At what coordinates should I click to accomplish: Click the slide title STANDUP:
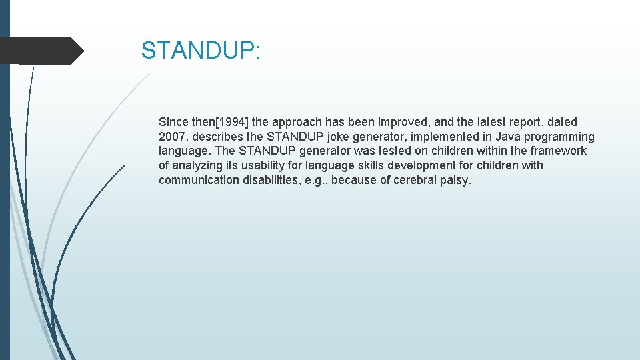(x=201, y=51)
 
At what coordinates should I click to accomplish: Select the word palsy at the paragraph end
(x=455, y=180)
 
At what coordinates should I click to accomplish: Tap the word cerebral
(x=417, y=180)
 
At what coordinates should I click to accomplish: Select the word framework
(x=558, y=151)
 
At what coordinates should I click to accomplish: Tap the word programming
(x=561, y=137)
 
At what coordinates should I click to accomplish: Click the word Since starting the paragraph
(x=173, y=122)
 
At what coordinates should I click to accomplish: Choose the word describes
(x=217, y=137)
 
